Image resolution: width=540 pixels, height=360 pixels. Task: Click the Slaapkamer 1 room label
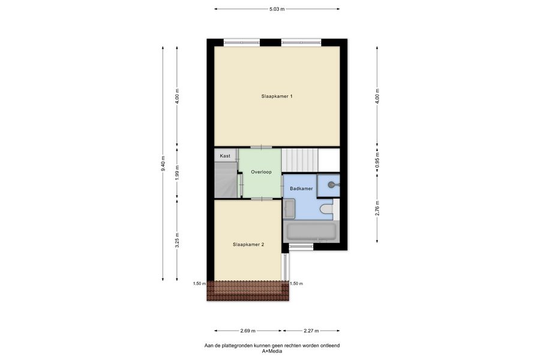(x=277, y=97)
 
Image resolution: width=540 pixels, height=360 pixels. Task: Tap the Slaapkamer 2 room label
(x=248, y=245)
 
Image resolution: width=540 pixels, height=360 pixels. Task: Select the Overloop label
(x=261, y=172)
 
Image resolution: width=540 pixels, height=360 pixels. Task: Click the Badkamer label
(x=301, y=188)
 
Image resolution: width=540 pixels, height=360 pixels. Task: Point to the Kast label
(x=225, y=156)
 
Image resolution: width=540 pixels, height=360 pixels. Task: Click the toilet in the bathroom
(x=326, y=209)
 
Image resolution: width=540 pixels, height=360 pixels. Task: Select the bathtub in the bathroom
(x=311, y=232)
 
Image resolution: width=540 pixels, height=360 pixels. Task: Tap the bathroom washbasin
(x=289, y=209)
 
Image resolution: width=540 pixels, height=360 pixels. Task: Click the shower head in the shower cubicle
(x=331, y=185)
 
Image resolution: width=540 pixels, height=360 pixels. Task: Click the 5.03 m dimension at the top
(x=277, y=9)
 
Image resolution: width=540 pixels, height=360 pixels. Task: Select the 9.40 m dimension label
(x=163, y=164)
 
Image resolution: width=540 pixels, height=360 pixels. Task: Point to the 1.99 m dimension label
(x=177, y=173)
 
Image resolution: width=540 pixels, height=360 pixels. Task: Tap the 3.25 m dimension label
(x=177, y=240)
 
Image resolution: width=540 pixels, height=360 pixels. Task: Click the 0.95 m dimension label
(x=377, y=161)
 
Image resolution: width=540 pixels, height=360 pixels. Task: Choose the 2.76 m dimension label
(x=377, y=208)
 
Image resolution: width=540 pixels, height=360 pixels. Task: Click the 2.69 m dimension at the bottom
(x=248, y=331)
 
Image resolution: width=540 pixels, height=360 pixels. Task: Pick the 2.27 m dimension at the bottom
(x=311, y=331)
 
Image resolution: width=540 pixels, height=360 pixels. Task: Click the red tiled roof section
(x=248, y=291)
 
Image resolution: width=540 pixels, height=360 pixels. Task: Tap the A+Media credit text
(x=272, y=352)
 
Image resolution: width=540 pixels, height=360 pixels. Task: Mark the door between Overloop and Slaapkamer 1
(x=261, y=148)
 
